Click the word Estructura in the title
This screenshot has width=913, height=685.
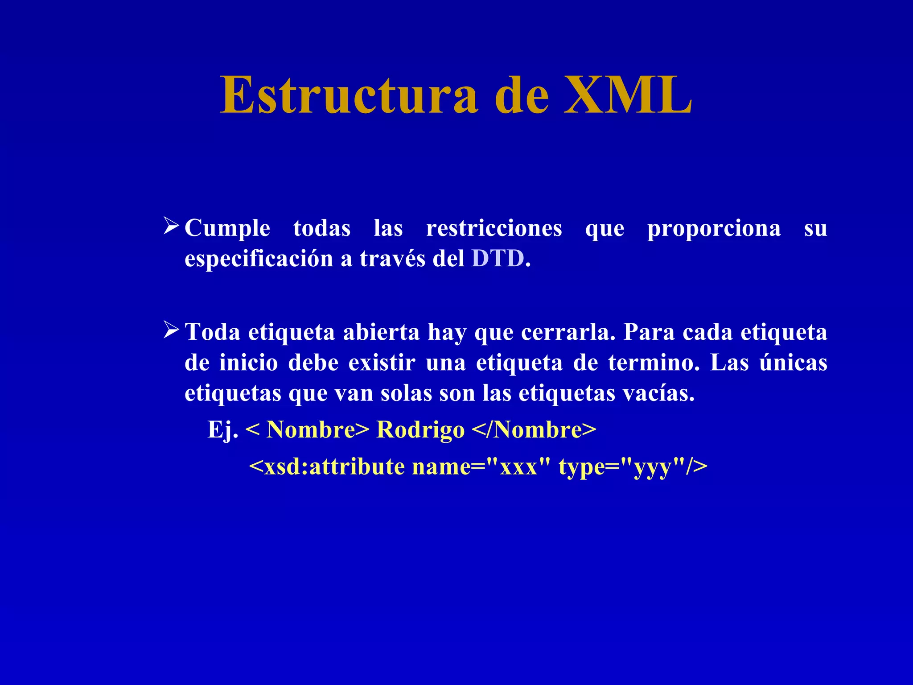349,95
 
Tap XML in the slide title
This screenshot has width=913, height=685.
628,95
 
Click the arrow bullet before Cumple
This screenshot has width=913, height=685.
171,226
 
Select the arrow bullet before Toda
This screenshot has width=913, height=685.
171,330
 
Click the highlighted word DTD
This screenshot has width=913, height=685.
498,258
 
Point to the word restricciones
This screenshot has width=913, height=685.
494,228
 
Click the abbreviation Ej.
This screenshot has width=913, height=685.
223,430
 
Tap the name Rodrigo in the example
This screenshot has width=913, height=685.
420,430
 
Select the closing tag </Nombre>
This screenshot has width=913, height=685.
534,430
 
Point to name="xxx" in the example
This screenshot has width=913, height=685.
481,466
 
